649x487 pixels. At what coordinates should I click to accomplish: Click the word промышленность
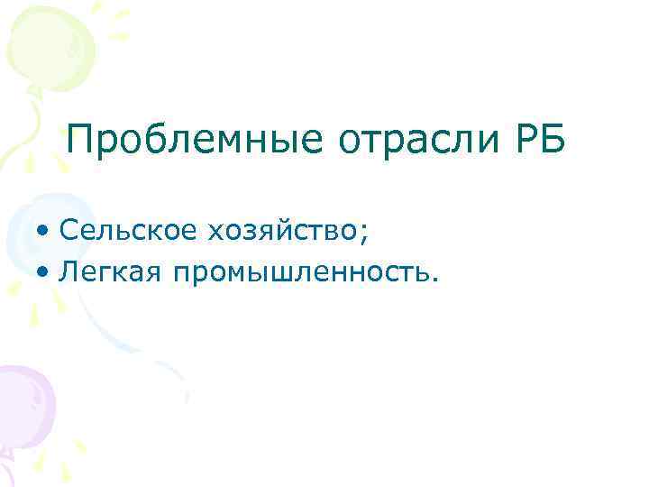click(297, 271)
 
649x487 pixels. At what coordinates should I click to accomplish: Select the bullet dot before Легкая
click(45, 271)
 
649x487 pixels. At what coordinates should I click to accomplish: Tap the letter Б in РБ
click(553, 140)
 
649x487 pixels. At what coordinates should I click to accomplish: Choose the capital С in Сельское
click(69, 232)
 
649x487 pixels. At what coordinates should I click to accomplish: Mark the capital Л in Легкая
click(69, 271)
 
